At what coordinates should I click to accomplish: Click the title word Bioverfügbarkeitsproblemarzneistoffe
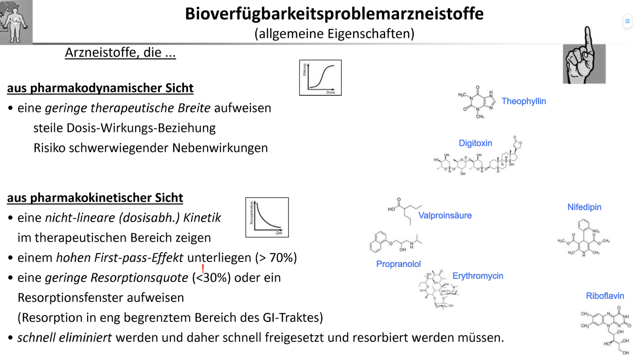(334, 14)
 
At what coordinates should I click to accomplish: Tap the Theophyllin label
(524, 101)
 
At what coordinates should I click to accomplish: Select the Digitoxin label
(475, 143)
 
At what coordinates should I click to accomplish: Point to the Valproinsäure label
(445, 215)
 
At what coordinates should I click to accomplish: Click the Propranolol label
(398, 264)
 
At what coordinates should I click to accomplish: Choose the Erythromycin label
(477, 276)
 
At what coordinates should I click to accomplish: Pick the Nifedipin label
(584, 207)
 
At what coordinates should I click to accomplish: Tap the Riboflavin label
(605, 296)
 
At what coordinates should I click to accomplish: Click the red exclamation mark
(203, 269)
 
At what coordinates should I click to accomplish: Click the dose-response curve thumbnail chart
(320, 78)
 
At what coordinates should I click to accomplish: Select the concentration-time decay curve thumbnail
(267, 217)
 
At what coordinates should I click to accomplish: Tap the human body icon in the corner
(16, 22)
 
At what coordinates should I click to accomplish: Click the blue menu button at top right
(627, 21)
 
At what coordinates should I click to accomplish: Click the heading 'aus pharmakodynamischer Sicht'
(100, 88)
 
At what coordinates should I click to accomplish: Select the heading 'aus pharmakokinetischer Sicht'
(95, 198)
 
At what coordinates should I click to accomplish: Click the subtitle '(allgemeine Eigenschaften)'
(334, 34)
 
